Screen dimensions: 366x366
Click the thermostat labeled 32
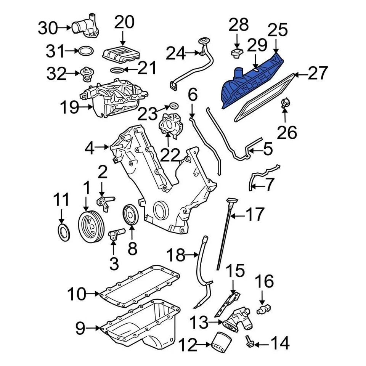(87, 73)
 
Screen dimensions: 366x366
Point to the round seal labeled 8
(131, 215)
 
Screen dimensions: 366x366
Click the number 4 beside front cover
(90, 148)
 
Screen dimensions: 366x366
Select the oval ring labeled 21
(117, 70)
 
